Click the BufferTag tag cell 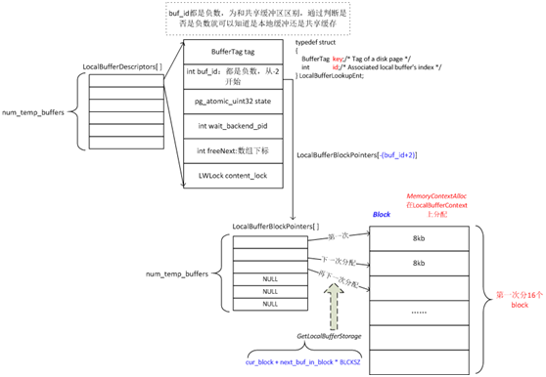231,50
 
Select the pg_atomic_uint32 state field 231,100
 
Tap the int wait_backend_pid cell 231,125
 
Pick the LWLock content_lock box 231,175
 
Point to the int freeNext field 231,150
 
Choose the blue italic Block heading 382,212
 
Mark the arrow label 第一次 339,235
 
